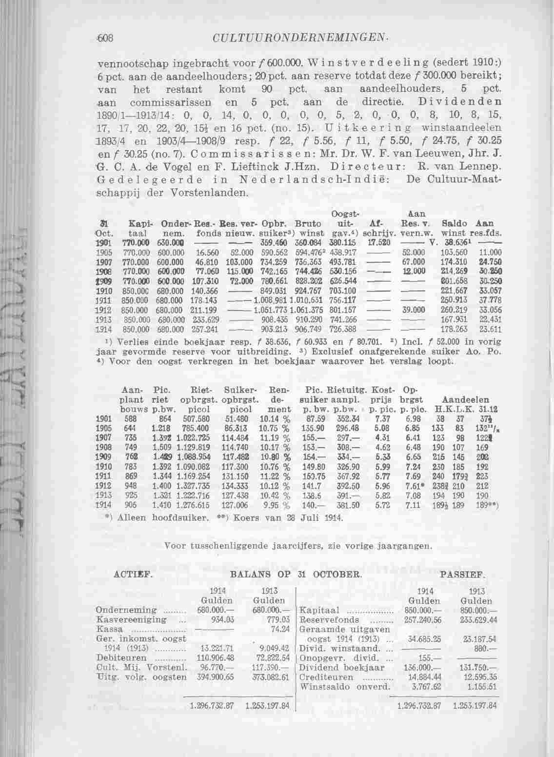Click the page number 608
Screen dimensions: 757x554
point(104,37)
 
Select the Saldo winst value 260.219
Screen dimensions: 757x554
point(454,310)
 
